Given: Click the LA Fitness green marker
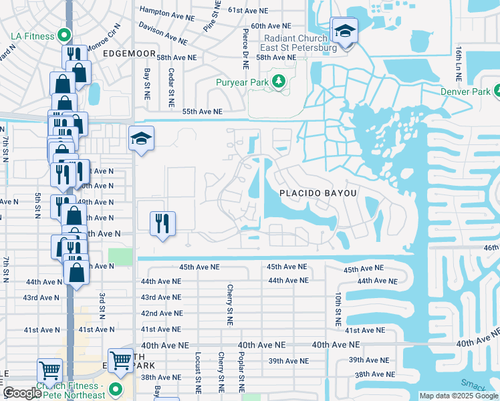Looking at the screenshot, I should [64, 35].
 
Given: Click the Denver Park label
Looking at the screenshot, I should [467, 92].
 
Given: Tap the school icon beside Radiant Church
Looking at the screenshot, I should [344, 31].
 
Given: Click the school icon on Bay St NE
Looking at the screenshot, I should [141, 139].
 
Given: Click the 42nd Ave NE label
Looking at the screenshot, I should [161, 313].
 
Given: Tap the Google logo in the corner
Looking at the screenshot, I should [22, 394].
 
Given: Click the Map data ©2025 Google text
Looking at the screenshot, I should [457, 396].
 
